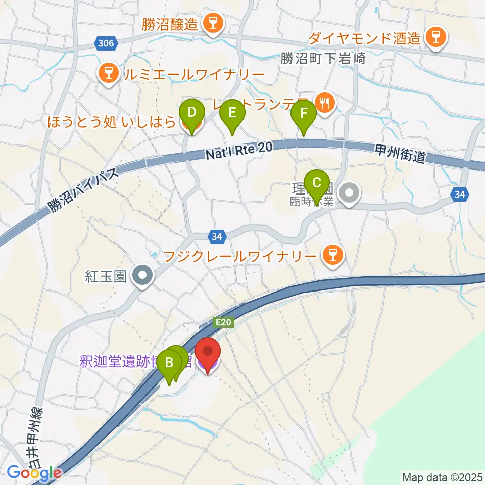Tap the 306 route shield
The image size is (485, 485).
107,44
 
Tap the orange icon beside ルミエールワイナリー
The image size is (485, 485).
107,75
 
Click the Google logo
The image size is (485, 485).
34,473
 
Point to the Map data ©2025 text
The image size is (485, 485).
442,477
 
